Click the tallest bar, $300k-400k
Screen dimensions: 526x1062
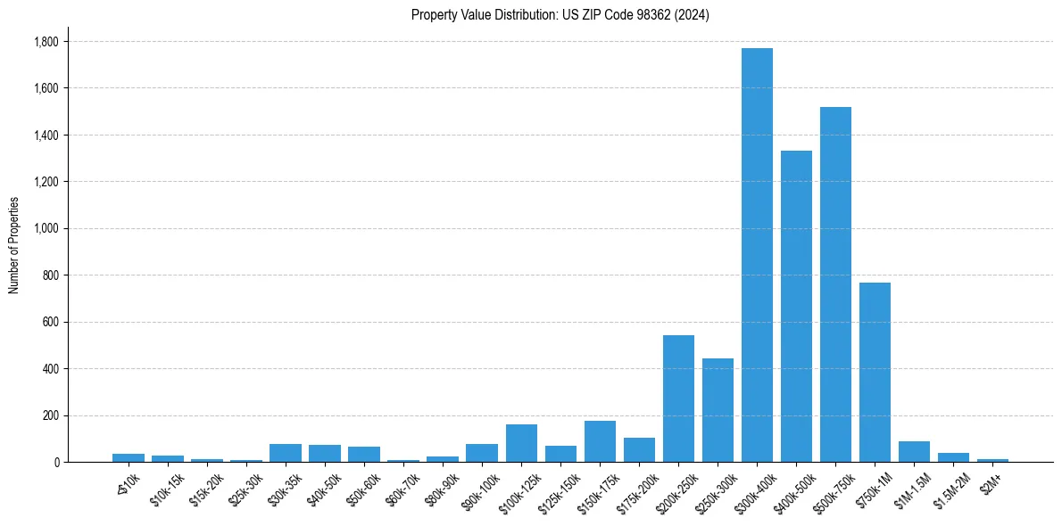pyautogui.click(x=757, y=255)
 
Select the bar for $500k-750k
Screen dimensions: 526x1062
pyautogui.click(x=835, y=284)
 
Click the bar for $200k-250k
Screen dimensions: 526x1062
pyautogui.click(x=678, y=399)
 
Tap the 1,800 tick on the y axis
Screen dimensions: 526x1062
pyautogui.click(x=46, y=42)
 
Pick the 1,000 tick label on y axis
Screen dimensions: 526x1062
pyautogui.click(x=46, y=229)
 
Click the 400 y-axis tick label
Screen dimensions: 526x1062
pyautogui.click(x=50, y=369)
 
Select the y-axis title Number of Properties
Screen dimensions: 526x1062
pyautogui.click(x=14, y=244)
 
